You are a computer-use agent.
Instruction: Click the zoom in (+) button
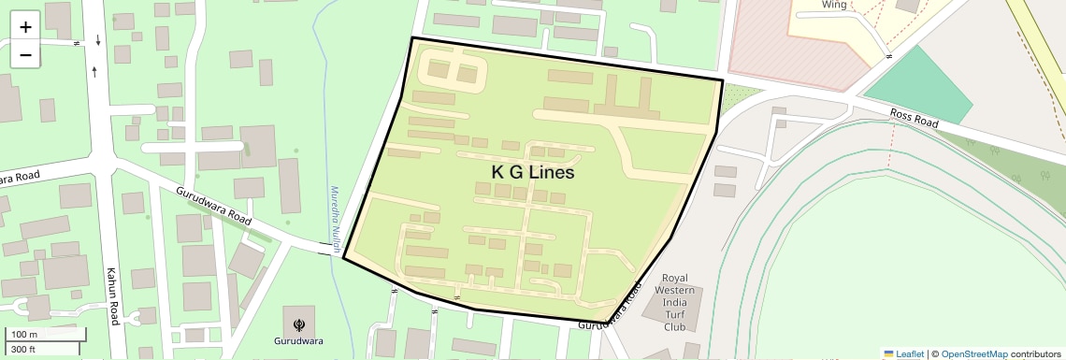coord(25,26)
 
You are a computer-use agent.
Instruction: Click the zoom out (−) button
coord(25,55)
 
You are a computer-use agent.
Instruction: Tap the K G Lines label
coord(532,173)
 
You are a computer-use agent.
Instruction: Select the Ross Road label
coord(914,117)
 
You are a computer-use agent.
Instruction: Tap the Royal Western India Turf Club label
coord(674,302)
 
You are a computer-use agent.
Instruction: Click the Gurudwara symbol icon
coord(299,324)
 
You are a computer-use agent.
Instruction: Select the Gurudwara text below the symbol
coord(299,341)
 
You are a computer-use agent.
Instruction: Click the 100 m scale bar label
coord(23,334)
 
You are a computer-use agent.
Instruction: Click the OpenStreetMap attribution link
coord(974,353)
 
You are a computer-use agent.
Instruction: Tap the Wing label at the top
coord(834,5)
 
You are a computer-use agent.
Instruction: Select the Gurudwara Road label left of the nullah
coord(214,205)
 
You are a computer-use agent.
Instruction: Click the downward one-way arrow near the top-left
coord(98,40)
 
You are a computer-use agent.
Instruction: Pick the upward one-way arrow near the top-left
coord(94,70)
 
